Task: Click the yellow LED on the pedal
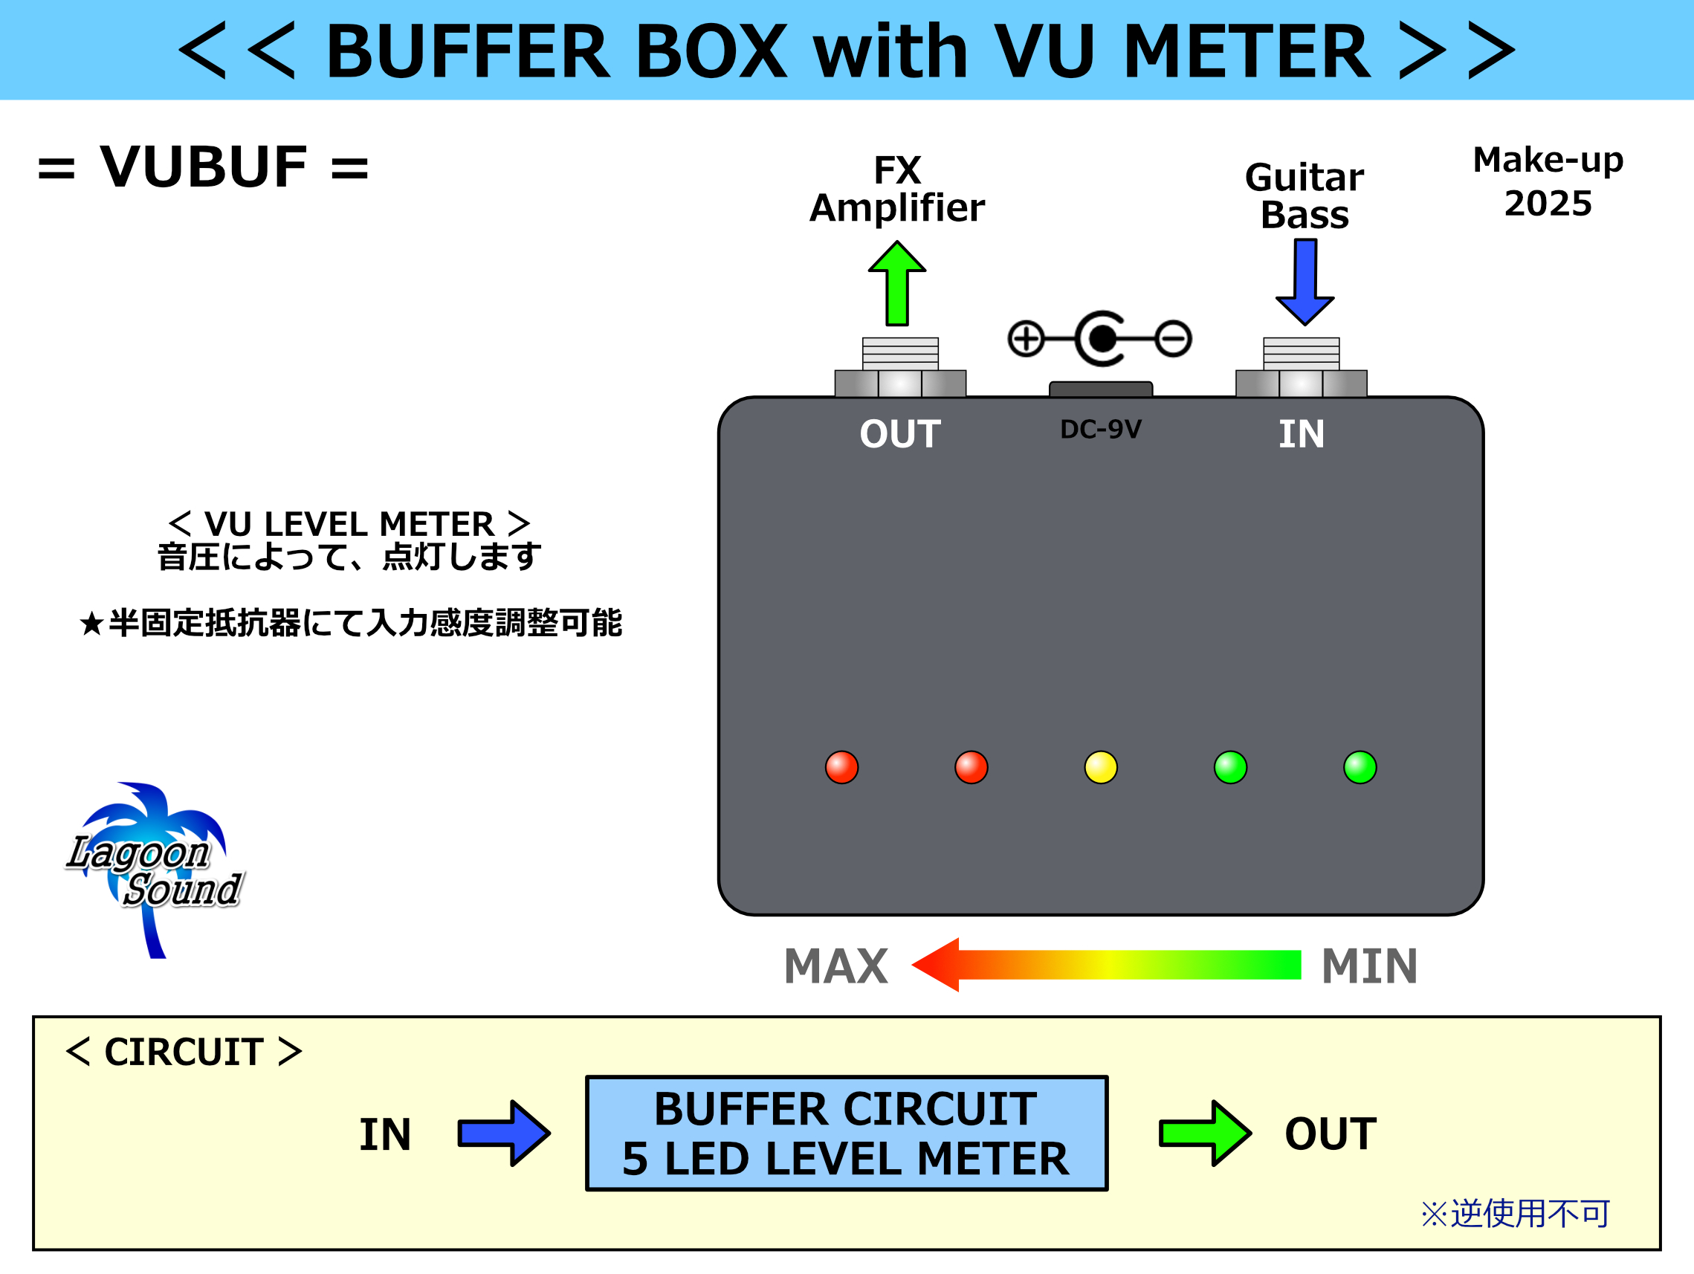pos(1101,767)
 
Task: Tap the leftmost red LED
pos(841,767)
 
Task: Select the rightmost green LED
pos(1360,767)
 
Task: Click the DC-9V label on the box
pos(1101,430)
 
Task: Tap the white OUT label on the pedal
pos(900,434)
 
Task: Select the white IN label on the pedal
pos(1301,434)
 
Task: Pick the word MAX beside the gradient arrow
pos(835,966)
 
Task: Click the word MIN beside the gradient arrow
pos(1369,966)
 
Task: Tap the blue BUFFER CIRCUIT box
pos(846,1133)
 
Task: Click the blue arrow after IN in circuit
pos(504,1133)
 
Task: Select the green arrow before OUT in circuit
pos(1205,1133)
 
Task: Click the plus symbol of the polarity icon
pos(1027,338)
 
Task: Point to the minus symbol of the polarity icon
pos(1173,338)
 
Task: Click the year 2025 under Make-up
pos(1548,204)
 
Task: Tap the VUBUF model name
pos(204,167)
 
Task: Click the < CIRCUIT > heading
pos(184,1052)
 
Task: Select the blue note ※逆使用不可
pos(1515,1214)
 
